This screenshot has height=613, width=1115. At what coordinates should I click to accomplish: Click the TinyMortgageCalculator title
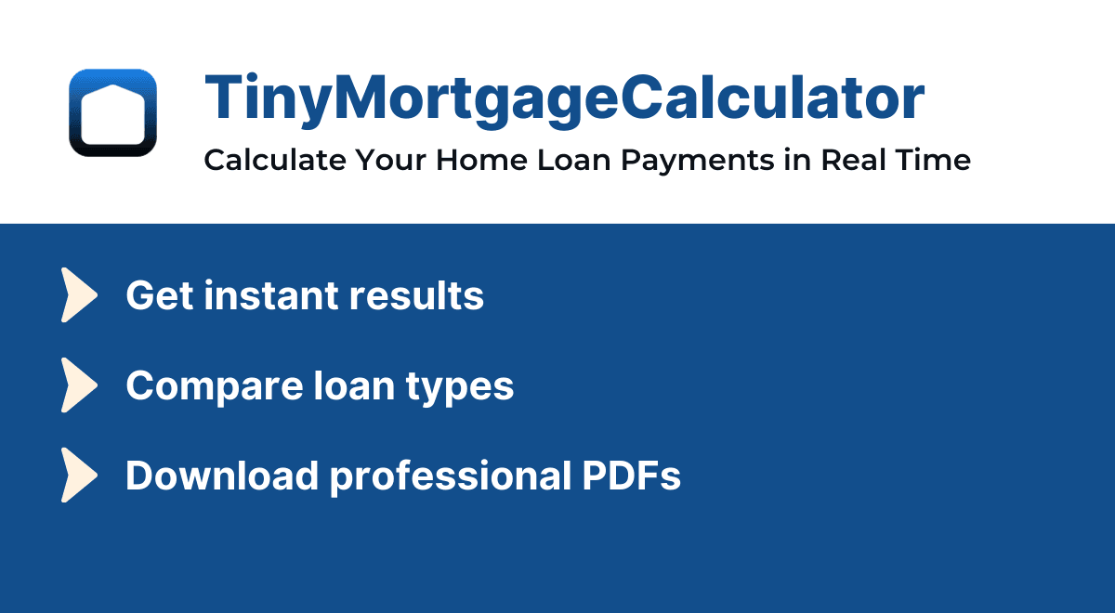click(x=564, y=98)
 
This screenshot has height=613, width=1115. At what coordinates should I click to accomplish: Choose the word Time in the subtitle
click(x=936, y=160)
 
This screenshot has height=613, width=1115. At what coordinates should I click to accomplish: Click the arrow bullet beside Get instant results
click(x=79, y=295)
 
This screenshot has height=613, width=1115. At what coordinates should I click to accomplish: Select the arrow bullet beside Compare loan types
click(x=79, y=385)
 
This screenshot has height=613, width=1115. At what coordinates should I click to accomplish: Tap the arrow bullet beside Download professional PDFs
click(x=79, y=476)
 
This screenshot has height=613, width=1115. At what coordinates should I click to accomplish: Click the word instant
click(x=270, y=295)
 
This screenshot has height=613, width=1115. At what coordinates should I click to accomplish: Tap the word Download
click(x=222, y=476)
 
